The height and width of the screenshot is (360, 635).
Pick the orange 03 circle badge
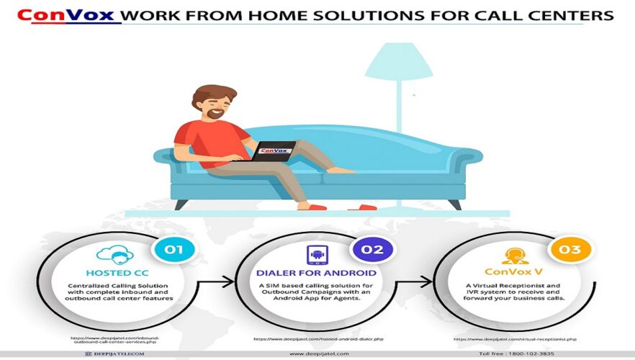pyautogui.click(x=569, y=251)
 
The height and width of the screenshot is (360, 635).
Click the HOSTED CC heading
pyautogui.click(x=116, y=274)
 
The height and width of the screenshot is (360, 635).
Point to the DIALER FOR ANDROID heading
pyautogui.click(x=317, y=274)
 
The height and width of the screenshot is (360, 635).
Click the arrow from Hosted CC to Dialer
pyautogui.click(x=224, y=282)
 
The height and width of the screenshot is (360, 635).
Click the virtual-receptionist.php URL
pyautogui.click(x=515, y=338)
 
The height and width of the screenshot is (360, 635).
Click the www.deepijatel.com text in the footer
pyautogui.click(x=319, y=354)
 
